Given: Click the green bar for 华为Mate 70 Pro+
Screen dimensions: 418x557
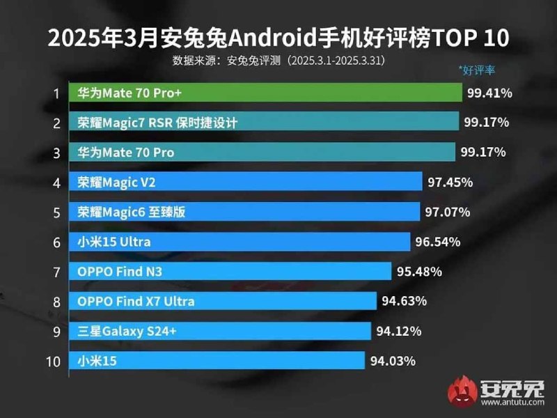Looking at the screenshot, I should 265,93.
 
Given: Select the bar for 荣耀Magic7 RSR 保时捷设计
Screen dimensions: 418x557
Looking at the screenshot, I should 264,123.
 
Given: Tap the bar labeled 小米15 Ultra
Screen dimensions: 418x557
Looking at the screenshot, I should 240,242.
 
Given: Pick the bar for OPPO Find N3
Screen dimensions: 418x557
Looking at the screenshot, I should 230,272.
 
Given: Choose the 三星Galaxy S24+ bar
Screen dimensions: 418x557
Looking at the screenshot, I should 220,331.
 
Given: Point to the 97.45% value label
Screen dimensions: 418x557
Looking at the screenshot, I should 450,182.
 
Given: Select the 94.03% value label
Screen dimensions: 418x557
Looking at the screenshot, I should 392,361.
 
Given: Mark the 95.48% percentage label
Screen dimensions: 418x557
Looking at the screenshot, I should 418,272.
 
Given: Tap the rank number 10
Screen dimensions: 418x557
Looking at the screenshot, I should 54,361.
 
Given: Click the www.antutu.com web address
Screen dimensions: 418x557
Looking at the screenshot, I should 515,403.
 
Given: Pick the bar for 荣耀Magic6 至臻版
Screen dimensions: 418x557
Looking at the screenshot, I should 244,212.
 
